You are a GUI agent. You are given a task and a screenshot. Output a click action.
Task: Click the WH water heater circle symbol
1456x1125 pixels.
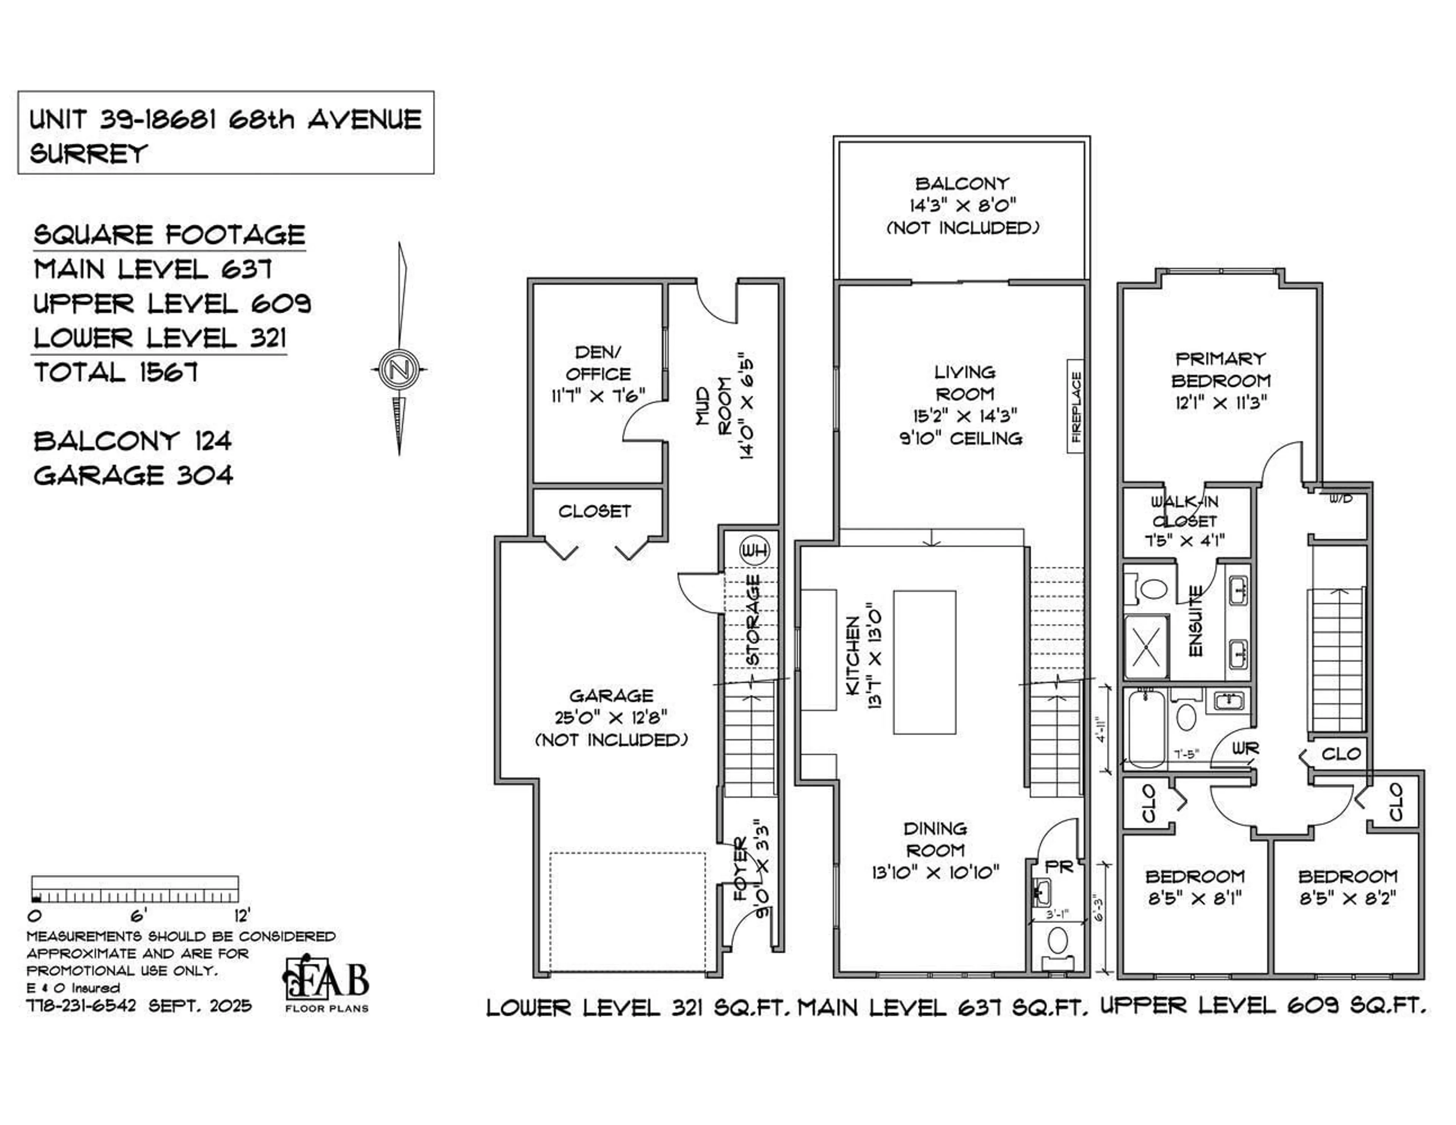754,550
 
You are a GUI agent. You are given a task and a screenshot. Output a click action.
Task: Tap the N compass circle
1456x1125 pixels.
399,368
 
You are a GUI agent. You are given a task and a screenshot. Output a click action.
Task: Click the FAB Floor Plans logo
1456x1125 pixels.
327,984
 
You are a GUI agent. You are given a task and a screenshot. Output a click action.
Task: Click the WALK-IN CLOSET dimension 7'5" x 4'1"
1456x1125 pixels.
1185,541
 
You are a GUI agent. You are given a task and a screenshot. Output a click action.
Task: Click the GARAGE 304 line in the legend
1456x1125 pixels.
133,476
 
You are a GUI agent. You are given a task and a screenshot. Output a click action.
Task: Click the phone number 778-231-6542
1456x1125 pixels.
82,1006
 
